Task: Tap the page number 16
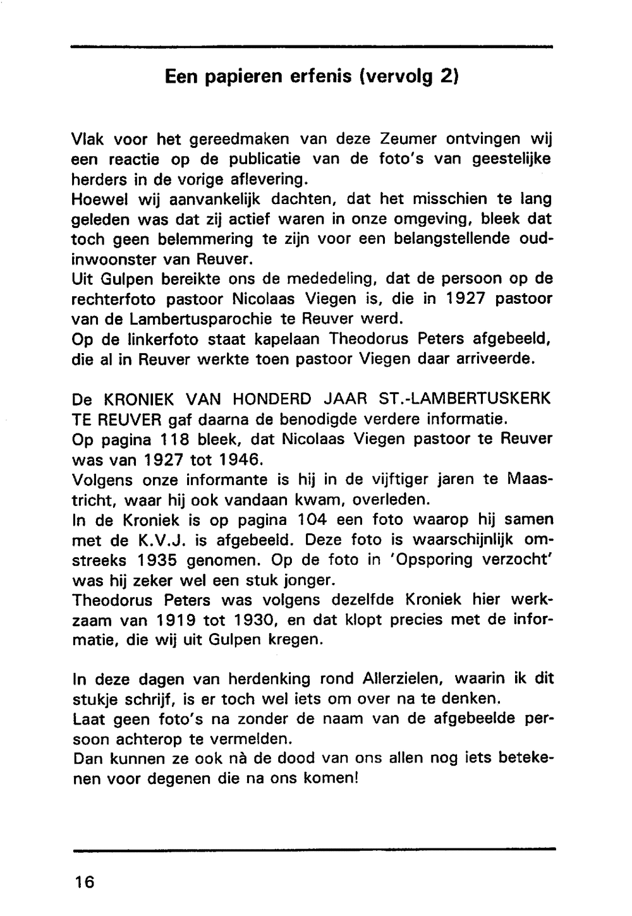(x=83, y=882)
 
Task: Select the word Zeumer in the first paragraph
(x=409, y=138)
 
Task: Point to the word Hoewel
(x=102, y=199)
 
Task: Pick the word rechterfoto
(x=112, y=299)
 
